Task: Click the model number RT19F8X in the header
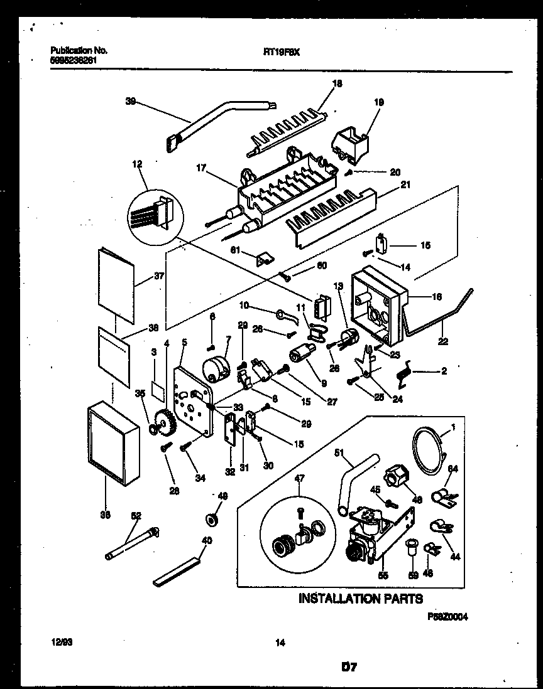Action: tap(280, 53)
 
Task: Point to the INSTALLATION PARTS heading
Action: tap(359, 599)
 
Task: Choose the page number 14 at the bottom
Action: tap(280, 642)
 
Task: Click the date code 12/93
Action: tap(60, 642)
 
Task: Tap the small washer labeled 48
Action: tap(212, 520)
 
